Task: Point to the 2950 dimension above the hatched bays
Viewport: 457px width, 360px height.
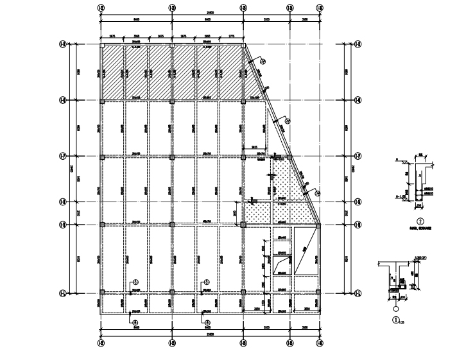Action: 207,37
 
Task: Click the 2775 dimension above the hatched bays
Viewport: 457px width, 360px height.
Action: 231,37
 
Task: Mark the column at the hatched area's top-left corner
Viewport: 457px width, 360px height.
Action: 102,46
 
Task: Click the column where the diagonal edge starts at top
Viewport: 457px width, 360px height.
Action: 243,46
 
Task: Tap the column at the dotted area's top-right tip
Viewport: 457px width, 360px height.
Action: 289,157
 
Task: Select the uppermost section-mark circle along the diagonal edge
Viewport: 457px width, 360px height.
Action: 262,62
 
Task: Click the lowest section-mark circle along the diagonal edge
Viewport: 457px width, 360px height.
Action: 318,191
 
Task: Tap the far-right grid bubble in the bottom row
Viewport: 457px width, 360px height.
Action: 320,350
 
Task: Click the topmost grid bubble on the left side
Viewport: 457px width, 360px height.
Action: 63,44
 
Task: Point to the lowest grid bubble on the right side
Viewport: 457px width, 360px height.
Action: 358,293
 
